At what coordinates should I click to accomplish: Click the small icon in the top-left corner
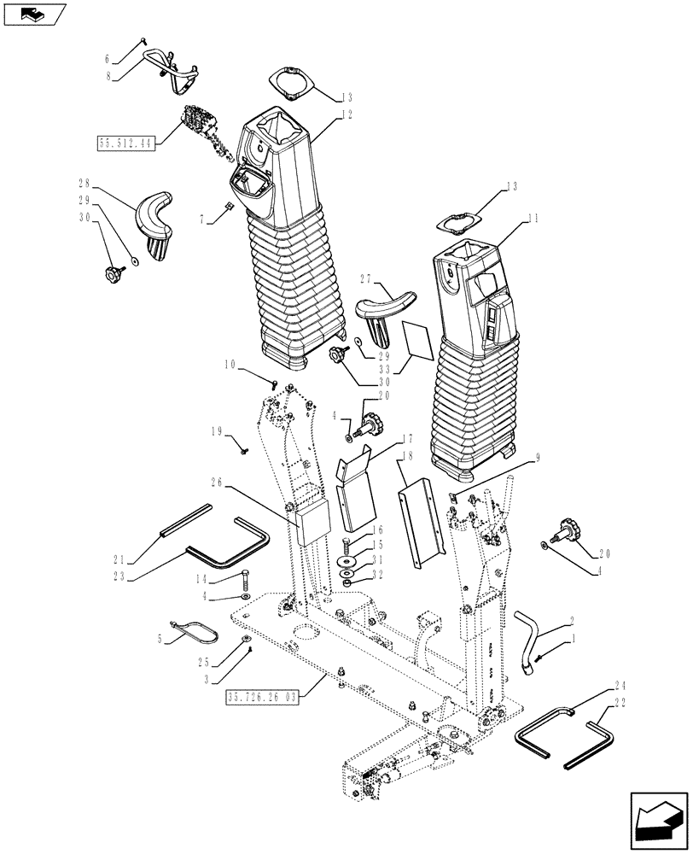click(34, 13)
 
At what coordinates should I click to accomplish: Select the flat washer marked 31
click(348, 562)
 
